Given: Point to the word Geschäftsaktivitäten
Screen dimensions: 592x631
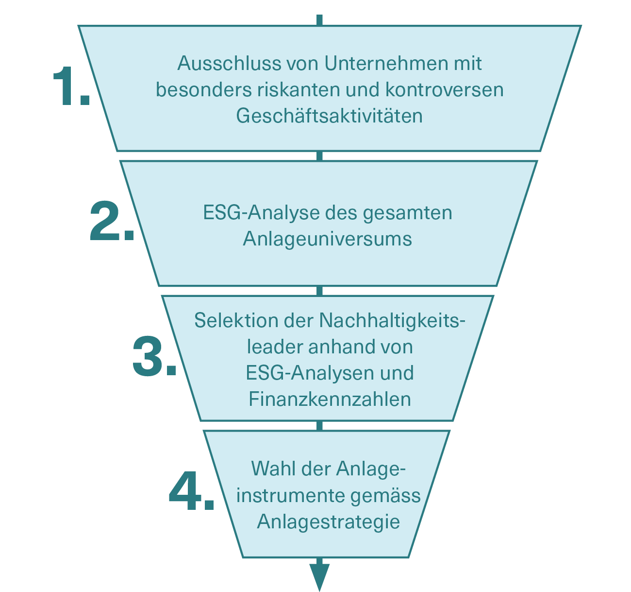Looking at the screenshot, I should pyautogui.click(x=329, y=116).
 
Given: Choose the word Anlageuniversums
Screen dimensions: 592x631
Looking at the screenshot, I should pyautogui.click(x=327, y=239).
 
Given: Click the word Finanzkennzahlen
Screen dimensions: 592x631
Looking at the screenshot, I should pyautogui.click(x=330, y=400).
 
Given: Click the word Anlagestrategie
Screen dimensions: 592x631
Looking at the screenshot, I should pyautogui.click(x=328, y=522).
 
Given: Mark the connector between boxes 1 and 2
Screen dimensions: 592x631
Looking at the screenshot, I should pyautogui.click(x=319, y=156).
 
